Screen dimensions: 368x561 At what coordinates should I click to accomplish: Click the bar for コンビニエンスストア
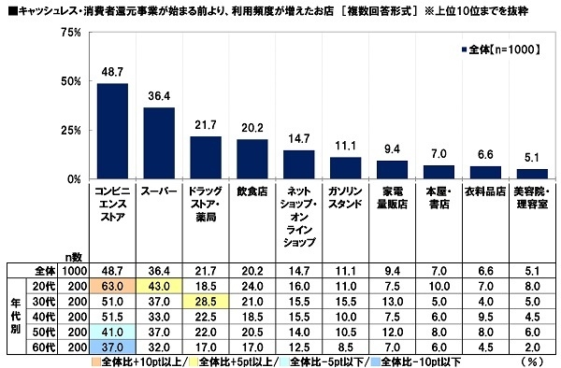(x=112, y=131)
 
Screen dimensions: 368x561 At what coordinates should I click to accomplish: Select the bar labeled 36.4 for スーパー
(x=158, y=143)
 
